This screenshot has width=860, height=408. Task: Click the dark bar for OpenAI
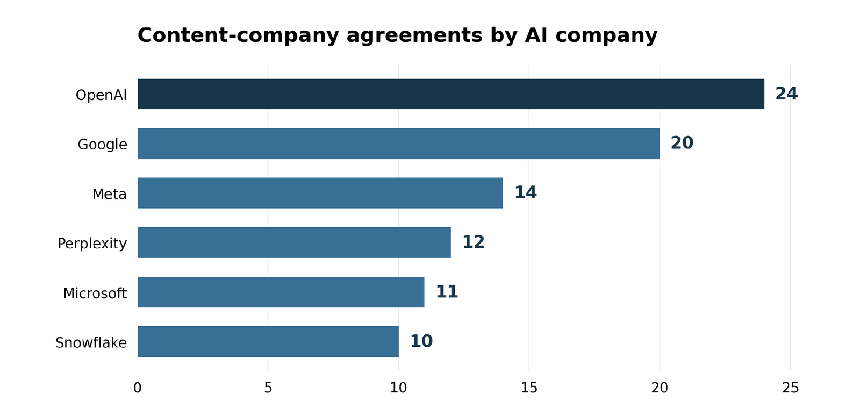coord(451,94)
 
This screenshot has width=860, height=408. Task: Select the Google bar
coord(398,144)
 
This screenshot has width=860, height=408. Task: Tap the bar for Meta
coord(320,193)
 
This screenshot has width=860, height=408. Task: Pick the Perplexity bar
coord(294,242)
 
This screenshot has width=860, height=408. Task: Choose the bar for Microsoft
coord(281,292)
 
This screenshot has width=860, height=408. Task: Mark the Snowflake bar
coord(268,341)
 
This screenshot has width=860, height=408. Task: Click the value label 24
coord(786,94)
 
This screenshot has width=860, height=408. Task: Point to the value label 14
coord(525,192)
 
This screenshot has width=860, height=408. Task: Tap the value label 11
coord(447,292)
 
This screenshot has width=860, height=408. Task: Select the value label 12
coord(474,242)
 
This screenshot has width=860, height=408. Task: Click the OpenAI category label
coord(102,95)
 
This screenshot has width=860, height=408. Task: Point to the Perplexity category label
coord(92,244)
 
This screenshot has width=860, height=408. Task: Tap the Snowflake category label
coord(91,342)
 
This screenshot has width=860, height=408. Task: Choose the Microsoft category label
coord(95,294)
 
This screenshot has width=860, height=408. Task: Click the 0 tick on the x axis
coord(138,388)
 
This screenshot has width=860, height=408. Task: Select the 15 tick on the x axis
coord(529,388)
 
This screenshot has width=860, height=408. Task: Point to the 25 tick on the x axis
coord(790,388)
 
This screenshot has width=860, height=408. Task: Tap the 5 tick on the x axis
coord(268,388)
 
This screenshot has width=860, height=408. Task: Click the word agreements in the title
coord(414,36)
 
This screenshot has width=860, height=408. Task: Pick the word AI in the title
coord(536,35)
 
